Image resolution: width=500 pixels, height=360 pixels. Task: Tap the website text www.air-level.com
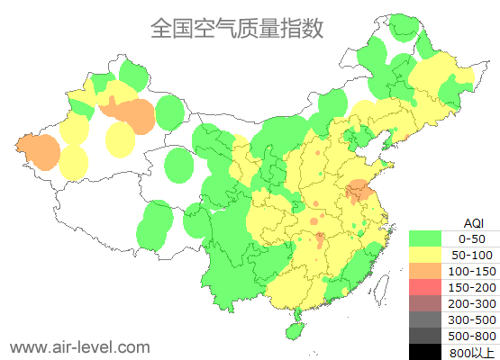point(79,346)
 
